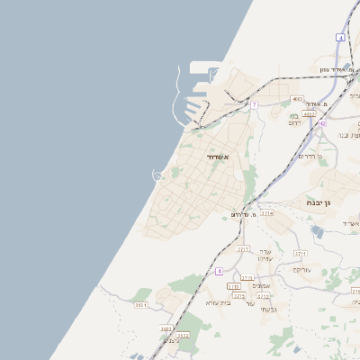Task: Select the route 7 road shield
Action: coord(255,105)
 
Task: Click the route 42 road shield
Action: coord(321,123)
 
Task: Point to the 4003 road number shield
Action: coord(298,99)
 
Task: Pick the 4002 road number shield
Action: coord(309,114)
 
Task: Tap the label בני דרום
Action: coord(293,119)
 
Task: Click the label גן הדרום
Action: coord(310,156)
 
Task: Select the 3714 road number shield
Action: coord(267,213)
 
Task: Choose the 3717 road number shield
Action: coord(243,248)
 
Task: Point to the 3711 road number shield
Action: coord(300,254)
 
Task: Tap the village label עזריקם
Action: coord(301,269)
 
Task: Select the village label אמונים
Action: coord(261,286)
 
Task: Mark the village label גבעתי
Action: coord(268,310)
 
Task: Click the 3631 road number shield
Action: coord(141,305)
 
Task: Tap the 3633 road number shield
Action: coord(167,328)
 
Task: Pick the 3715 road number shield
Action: coord(238,295)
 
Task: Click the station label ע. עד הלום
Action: coord(244,215)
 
